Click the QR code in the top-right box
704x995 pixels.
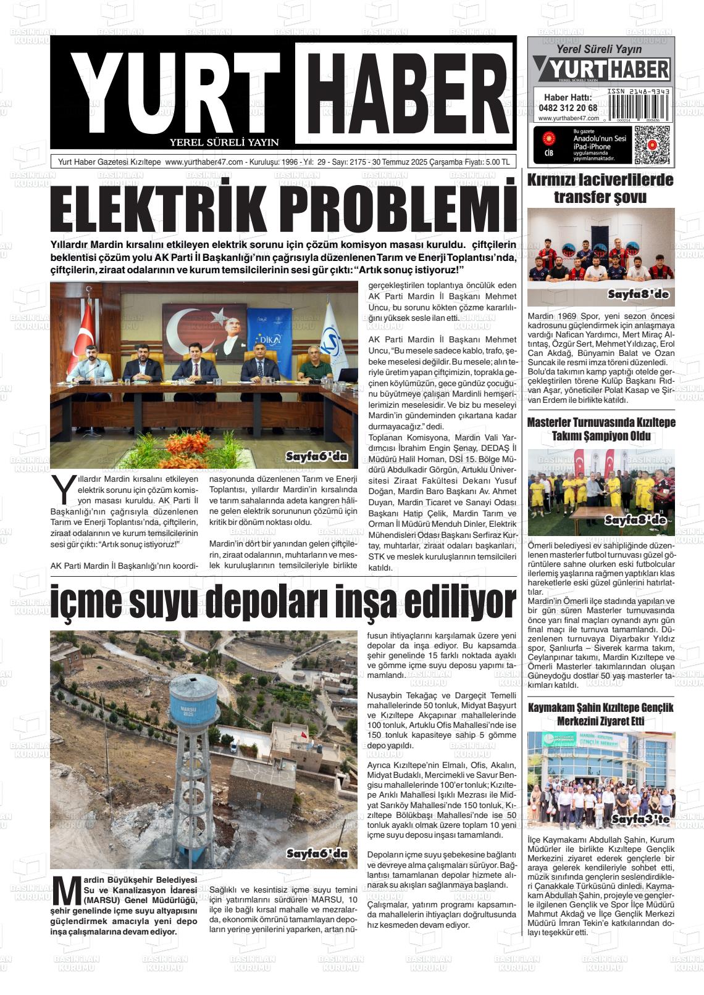click(652, 145)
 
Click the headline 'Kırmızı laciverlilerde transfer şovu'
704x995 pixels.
click(600, 189)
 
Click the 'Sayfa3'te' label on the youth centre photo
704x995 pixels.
click(640, 819)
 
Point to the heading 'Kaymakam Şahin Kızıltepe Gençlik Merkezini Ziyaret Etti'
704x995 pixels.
click(600, 714)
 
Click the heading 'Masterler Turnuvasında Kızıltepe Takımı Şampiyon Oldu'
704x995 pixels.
click(600, 429)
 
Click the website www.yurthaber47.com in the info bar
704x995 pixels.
click(204, 162)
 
